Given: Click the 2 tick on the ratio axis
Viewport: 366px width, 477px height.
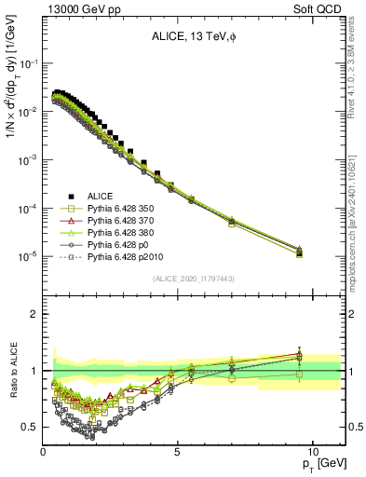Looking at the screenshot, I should point(34,314).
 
